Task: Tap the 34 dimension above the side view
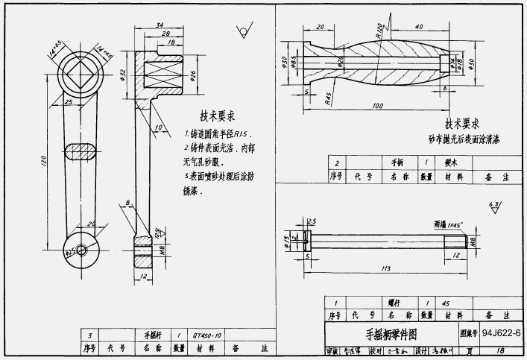coord(160,25)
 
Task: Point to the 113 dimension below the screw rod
coord(386,269)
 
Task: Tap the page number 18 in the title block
coord(499,350)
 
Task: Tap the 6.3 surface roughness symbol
coord(493,206)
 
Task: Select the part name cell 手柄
coord(397,162)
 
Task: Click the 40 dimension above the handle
coord(419,28)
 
